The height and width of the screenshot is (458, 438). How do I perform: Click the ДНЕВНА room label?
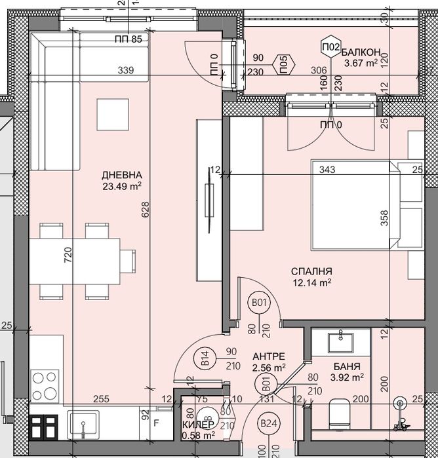tap(122, 175)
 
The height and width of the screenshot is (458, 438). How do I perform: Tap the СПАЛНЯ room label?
tap(311, 271)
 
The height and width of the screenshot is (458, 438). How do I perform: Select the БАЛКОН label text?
tap(361, 52)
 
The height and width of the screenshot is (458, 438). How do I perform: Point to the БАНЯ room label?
tap(347, 366)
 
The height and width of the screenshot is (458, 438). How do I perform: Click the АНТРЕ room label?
tap(269, 356)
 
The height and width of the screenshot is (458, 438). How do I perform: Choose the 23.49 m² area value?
tap(122, 186)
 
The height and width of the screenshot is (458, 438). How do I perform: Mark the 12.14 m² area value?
tap(312, 282)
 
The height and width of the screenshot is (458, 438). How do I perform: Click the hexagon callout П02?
tap(331, 47)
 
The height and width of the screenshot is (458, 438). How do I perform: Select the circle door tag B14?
tap(205, 358)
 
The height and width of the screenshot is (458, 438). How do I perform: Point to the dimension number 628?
tap(146, 210)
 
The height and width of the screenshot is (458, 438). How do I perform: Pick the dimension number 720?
tap(68, 255)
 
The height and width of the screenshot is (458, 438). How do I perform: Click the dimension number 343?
tap(327, 170)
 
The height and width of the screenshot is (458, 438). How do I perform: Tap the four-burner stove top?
tap(45, 386)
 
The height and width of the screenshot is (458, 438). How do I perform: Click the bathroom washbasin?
tap(341, 342)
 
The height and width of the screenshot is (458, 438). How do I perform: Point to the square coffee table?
tap(113, 115)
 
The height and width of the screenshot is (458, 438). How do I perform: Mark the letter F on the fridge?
tap(156, 423)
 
